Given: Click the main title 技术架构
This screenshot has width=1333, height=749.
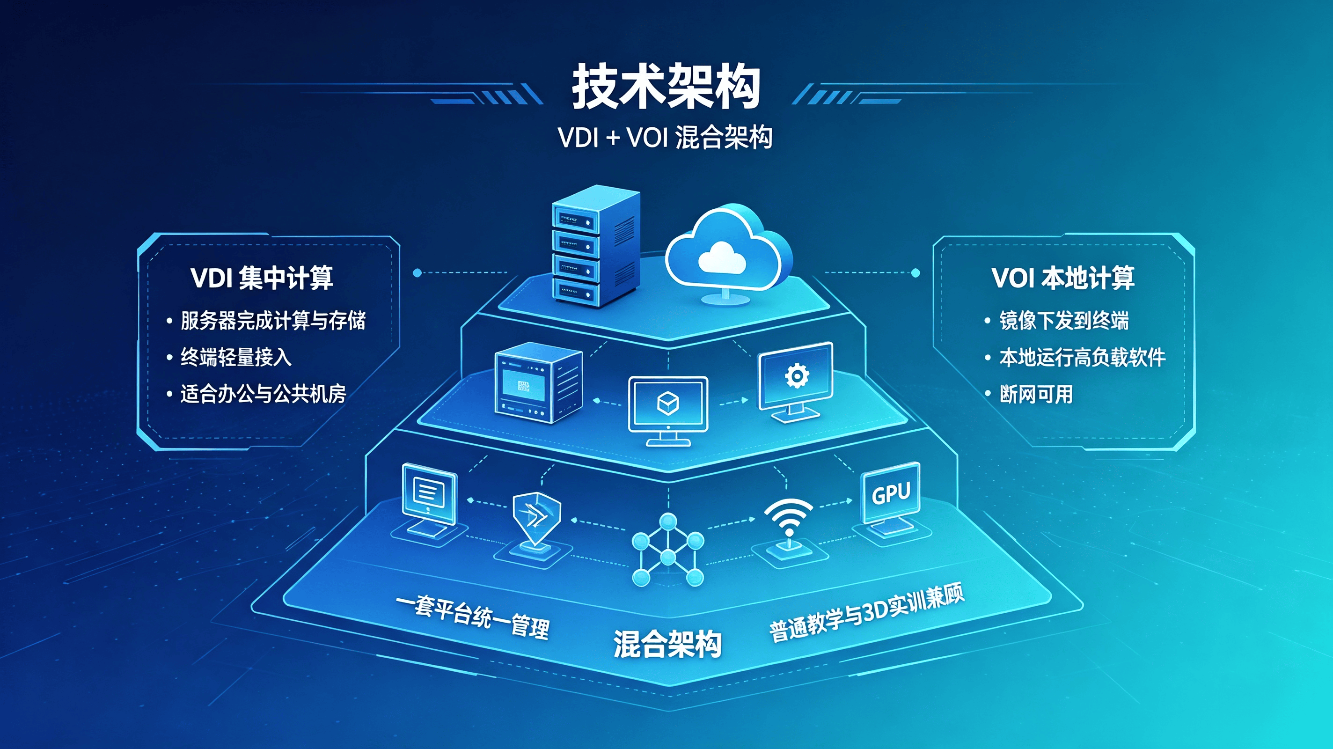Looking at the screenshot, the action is pyautogui.click(x=666, y=87).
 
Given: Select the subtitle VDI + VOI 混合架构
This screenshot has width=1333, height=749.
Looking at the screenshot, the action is pyautogui.click(x=665, y=137).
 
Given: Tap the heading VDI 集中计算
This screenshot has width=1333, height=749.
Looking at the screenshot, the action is pyautogui.click(x=262, y=278).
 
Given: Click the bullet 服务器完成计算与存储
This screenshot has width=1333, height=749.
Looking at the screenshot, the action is pyautogui.click(x=273, y=320).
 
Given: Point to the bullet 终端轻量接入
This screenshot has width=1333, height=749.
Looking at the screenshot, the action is pyautogui.click(x=236, y=357).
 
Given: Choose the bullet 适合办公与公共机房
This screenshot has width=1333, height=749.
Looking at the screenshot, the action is pyautogui.click(x=263, y=394).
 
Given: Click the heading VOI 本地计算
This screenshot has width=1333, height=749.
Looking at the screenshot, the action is pyautogui.click(x=1063, y=278).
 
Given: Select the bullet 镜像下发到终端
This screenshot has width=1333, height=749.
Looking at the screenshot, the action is pyautogui.click(x=1064, y=320).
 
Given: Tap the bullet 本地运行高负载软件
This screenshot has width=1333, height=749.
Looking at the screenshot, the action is pyautogui.click(x=1082, y=357).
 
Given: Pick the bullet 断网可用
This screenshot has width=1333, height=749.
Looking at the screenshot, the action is pyautogui.click(x=1036, y=394).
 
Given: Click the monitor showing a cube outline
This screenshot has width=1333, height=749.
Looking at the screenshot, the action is pyautogui.click(x=668, y=411).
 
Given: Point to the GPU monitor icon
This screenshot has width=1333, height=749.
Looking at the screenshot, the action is pyautogui.click(x=891, y=501).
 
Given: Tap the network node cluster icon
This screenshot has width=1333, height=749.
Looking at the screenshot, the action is pyautogui.click(x=667, y=550).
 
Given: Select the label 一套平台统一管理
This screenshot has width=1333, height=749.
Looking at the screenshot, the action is pyautogui.click(x=472, y=617).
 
